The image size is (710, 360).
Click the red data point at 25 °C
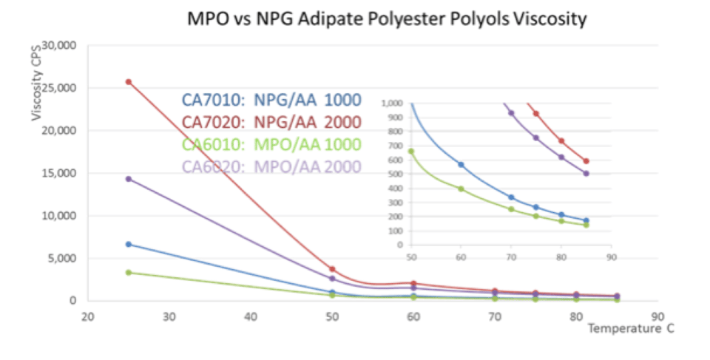[129, 82]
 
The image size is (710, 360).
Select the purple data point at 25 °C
[129, 179]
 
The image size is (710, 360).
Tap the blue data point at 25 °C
[129, 244]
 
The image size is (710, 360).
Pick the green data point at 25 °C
[129, 273]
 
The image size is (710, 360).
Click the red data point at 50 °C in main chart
[333, 269]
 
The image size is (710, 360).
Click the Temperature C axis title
[631, 327]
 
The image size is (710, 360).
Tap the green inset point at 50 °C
[411, 152]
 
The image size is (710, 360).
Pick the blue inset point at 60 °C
[461, 165]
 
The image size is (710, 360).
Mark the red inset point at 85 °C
[586, 161]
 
